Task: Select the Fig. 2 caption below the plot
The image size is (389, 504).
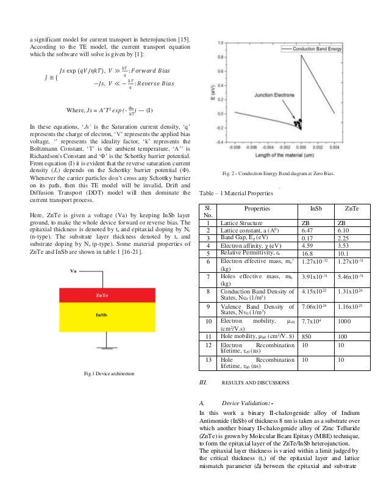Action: click(x=280, y=173)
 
